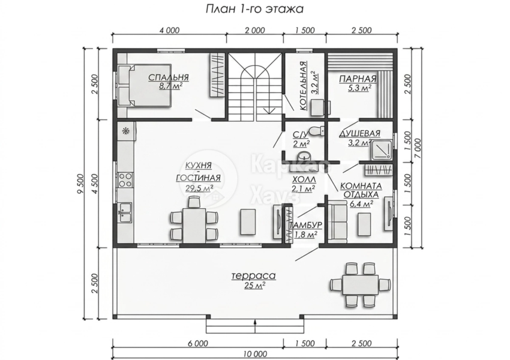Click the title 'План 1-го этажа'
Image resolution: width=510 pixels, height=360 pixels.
[254, 9]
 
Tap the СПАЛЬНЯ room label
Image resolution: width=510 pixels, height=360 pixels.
[169, 78]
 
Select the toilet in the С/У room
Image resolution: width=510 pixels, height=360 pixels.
[316, 131]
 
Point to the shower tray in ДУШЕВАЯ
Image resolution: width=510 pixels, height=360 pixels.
[382, 149]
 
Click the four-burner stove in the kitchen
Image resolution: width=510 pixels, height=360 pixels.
[125, 180]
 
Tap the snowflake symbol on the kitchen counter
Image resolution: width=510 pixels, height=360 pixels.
[125, 131]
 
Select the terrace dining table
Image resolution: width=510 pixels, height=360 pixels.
[360, 284]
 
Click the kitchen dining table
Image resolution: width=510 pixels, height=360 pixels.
[194, 225]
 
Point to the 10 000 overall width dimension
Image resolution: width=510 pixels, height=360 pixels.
[256, 354]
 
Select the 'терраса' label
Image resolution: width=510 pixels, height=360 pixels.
[254, 276]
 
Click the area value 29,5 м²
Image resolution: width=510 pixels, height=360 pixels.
[199, 188]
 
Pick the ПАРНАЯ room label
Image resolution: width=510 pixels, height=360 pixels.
[358, 79]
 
